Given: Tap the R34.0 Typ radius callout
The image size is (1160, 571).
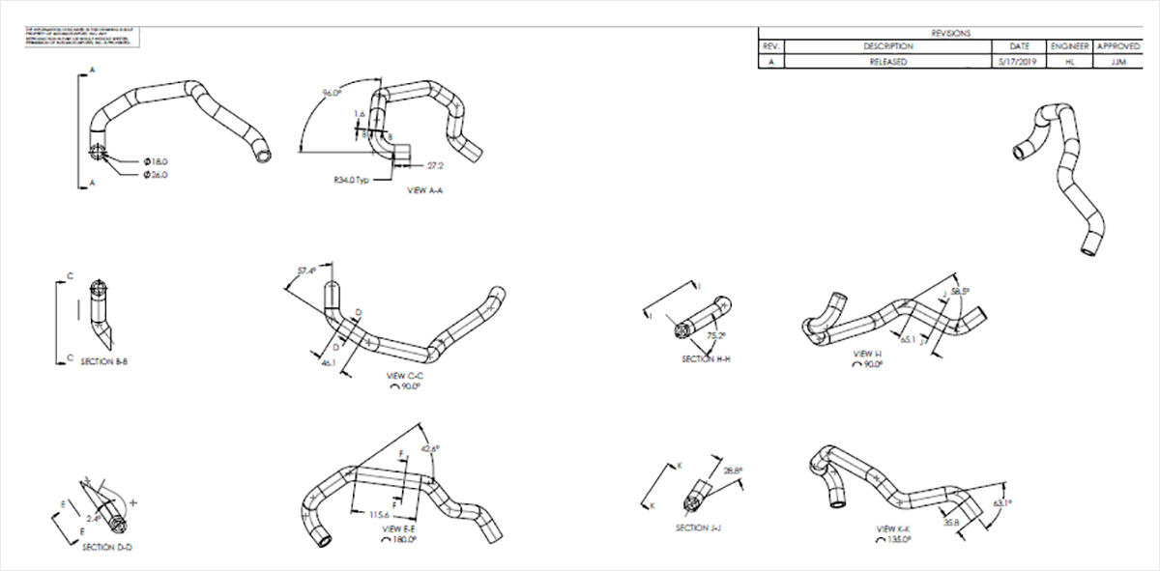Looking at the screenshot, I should point(349,180).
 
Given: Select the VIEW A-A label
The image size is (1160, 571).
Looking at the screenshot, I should point(425,191).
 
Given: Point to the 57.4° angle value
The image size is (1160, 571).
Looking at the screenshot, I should point(307,271).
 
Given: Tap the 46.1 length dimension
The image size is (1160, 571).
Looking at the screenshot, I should point(328,363).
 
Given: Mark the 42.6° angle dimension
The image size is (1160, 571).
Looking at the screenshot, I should point(431,448).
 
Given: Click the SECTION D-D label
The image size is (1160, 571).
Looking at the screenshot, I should point(106,547).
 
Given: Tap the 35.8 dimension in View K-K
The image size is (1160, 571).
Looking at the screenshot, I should point(951,523).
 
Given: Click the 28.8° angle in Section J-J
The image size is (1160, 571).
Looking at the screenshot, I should point(732,471).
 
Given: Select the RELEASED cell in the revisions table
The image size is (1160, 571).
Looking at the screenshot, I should point(888,61).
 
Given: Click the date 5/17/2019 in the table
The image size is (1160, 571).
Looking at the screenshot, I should point(1019,61).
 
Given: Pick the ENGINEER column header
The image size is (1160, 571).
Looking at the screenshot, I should point(1067,46).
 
